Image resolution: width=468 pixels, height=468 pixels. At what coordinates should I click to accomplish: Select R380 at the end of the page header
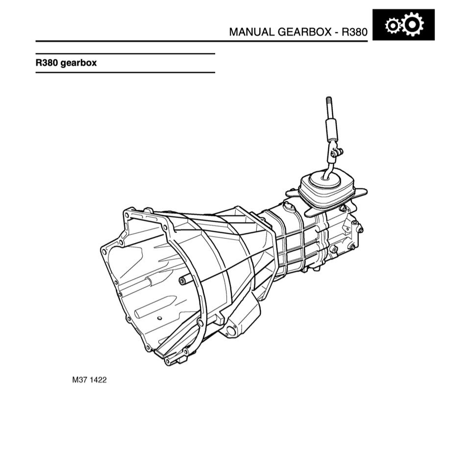pos(354,32)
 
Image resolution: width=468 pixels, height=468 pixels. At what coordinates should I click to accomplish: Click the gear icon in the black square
pos(403,25)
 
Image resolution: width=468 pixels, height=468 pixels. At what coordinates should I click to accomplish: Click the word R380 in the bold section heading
pos(47,63)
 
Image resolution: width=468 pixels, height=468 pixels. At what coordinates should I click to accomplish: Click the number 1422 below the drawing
pos(98,380)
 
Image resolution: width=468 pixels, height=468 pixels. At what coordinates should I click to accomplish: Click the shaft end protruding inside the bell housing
pos(182,280)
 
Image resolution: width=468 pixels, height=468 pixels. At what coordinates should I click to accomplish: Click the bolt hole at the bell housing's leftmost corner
pos(103,251)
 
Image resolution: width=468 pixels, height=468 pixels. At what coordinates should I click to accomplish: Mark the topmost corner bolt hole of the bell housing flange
pos(128,214)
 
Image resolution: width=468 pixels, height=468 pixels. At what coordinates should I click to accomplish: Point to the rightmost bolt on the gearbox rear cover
pos(360,229)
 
